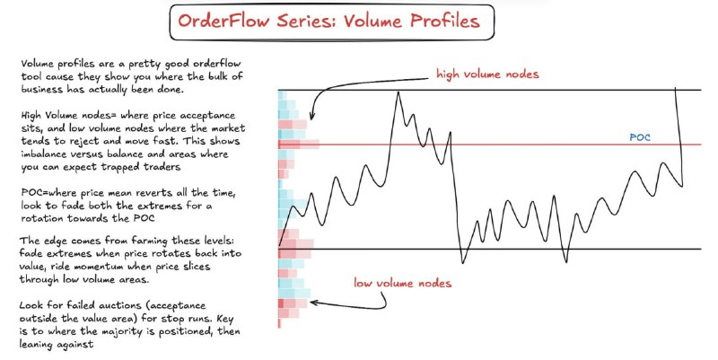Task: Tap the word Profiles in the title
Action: [444, 21]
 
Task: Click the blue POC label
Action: [640, 137]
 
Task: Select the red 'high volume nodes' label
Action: [487, 75]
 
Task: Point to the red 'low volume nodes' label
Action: [402, 283]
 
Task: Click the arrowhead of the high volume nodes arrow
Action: [312, 117]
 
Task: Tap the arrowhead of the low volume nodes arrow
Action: [313, 303]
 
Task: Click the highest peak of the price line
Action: [398, 93]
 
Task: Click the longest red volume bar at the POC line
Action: [299, 145]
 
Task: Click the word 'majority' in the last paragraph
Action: [136, 331]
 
